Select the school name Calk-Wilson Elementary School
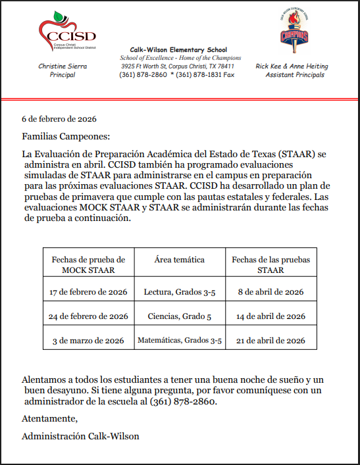point(178,49)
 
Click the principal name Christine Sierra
point(63,66)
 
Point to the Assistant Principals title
point(294,75)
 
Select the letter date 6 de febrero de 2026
point(59,119)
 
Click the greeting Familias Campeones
point(63,136)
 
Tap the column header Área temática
point(179,260)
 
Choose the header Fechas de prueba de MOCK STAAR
point(88,264)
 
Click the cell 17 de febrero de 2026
point(88,291)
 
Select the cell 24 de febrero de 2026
point(88,316)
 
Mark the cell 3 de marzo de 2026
point(88,341)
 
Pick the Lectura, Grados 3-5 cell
point(180,291)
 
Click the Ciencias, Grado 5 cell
point(180,316)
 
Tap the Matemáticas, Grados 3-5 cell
point(180,341)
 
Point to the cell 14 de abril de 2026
point(270,316)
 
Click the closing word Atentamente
point(50,418)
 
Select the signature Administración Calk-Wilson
point(80,435)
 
